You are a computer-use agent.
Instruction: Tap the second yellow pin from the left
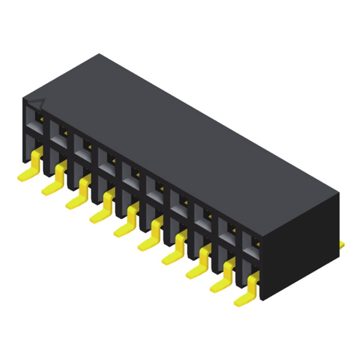[x=55, y=180]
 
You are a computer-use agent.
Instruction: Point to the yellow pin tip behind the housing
[x=342, y=245]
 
